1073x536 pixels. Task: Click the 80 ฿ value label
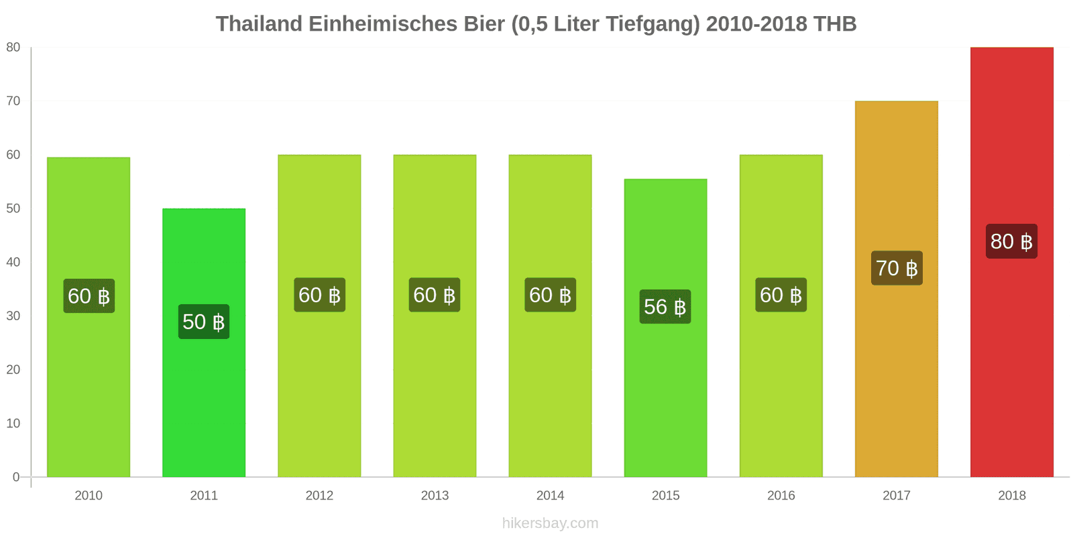(1011, 241)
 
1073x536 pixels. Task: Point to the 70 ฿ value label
(897, 268)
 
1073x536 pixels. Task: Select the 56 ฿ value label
(665, 307)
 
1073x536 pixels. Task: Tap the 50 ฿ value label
(204, 322)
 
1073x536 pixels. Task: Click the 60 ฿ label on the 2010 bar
(89, 296)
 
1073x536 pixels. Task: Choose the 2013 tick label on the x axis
(435, 495)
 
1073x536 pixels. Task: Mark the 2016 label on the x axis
(781, 495)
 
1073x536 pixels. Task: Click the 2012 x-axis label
(319, 495)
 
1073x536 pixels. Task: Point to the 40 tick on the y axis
(13, 262)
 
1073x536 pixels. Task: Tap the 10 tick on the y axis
(13, 423)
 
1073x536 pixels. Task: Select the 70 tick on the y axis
(13, 101)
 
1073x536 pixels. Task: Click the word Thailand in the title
(259, 24)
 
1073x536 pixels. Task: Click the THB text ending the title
(835, 24)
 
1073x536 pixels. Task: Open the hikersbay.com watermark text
(550, 523)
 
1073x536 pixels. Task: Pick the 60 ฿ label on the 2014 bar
(550, 295)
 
